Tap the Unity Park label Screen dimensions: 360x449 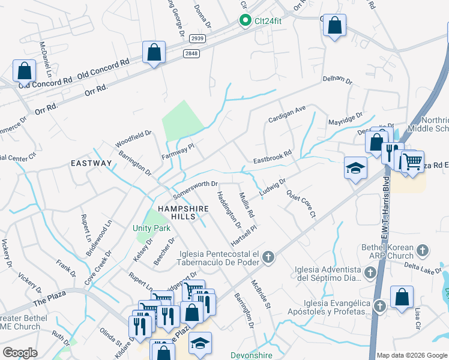[x=151, y=228]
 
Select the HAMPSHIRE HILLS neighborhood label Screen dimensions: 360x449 [x=182, y=209]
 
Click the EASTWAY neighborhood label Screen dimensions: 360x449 [x=91, y=163]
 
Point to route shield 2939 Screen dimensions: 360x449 [x=197, y=38]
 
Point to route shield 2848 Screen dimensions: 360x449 [x=192, y=54]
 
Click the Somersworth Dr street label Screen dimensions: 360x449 [x=194, y=190]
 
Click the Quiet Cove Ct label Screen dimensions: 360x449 [x=301, y=205]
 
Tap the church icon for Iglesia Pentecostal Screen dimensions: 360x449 [x=268, y=258]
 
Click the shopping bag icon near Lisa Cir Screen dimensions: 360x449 [x=402, y=297]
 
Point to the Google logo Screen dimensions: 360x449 [x=20, y=353]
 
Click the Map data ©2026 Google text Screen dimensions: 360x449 [x=412, y=355]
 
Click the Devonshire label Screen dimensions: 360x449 [x=252, y=355]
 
